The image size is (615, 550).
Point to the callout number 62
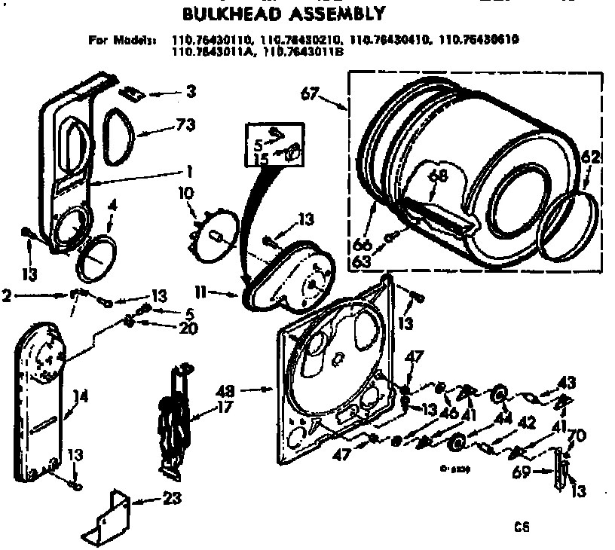(x=592, y=158)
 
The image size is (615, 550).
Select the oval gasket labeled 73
(x=121, y=136)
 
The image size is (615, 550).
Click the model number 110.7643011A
(x=208, y=52)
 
